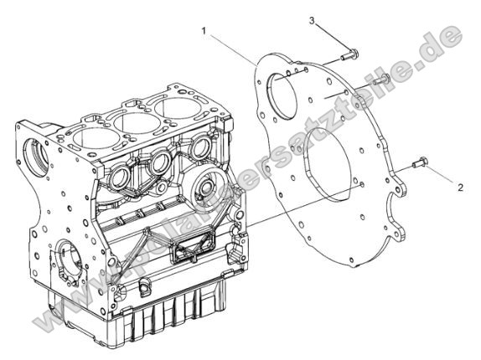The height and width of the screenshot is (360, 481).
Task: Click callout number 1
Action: pyautogui.click(x=204, y=30)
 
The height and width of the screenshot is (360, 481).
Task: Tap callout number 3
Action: pyautogui.click(x=311, y=21)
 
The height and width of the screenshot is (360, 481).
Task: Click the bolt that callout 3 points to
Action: pyautogui.click(x=350, y=56)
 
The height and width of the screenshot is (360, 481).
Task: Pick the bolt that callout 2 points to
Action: pyautogui.click(x=420, y=163)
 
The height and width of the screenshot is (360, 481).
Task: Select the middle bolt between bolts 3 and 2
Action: pyautogui.click(x=379, y=80)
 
